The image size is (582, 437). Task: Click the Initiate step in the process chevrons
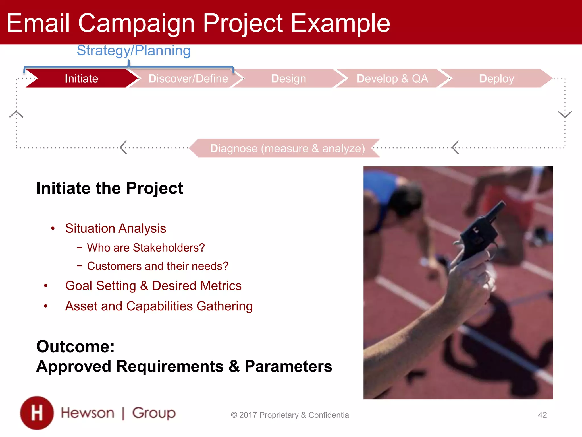pyautogui.click(x=82, y=79)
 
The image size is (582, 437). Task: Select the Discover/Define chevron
pyautogui.click(x=188, y=79)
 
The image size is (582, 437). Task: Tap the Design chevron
pyautogui.click(x=288, y=79)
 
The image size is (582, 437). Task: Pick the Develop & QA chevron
pyautogui.click(x=392, y=79)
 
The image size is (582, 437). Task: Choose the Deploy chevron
pyautogui.click(x=496, y=79)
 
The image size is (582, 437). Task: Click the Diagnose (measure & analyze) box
pyautogui.click(x=287, y=148)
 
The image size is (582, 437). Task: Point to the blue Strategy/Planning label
pyautogui.click(x=134, y=51)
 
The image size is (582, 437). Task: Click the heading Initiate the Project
pyautogui.click(x=110, y=188)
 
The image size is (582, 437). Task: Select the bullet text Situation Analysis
pyautogui.click(x=115, y=228)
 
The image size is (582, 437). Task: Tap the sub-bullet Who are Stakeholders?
pyautogui.click(x=146, y=248)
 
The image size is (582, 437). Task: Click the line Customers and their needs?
pyautogui.click(x=158, y=266)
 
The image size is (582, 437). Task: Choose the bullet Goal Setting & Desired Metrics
pyautogui.click(x=153, y=286)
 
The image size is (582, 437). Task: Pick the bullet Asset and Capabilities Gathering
pyautogui.click(x=159, y=306)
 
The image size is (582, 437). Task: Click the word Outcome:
pyautogui.click(x=75, y=347)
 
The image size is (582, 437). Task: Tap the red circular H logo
pyautogui.click(x=37, y=413)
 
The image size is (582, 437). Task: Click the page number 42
pyautogui.click(x=542, y=415)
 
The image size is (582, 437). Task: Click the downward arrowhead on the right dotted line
pyautogui.click(x=565, y=114)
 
